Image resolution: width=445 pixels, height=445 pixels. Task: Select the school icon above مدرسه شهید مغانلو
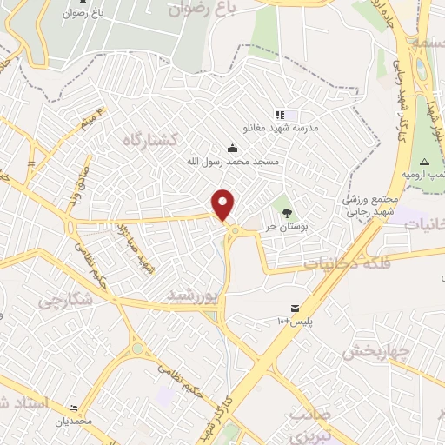click(x=280, y=114)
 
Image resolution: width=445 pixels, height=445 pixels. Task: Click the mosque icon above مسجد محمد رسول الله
click(x=231, y=147)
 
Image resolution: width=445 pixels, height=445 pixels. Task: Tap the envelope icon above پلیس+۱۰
click(x=295, y=309)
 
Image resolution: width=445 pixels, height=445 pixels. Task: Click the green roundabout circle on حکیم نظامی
click(x=137, y=349)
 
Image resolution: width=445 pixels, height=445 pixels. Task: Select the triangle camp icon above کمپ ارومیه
click(x=425, y=163)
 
